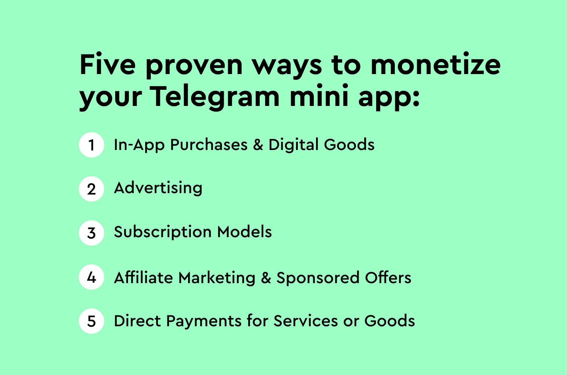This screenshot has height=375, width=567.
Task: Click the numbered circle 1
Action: coord(91,145)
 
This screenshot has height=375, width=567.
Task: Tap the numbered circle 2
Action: coord(91,189)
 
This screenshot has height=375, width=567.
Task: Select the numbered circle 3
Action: coord(91,233)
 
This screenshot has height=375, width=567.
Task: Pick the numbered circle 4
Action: coord(91,277)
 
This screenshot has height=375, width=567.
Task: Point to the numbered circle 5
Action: coord(91,321)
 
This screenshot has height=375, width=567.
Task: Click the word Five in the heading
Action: coord(108,65)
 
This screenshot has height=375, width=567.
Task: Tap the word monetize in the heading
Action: coord(435,65)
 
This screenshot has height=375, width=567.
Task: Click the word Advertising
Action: coord(158,188)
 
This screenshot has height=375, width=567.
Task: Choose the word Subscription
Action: coord(163,232)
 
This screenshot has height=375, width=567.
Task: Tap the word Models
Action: coord(244,232)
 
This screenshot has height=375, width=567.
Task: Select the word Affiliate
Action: coord(143,277)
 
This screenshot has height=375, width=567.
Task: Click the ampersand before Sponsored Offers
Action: coord(266,277)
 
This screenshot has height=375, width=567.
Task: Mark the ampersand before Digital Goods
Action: coord(258,145)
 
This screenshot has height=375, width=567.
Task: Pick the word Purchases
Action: coord(209,145)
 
